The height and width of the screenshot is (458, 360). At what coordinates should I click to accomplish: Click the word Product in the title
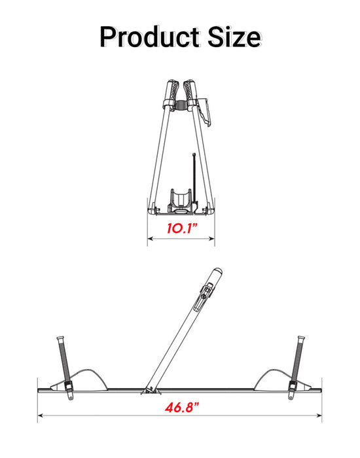(145, 37)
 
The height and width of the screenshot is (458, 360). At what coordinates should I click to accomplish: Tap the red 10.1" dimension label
(181, 229)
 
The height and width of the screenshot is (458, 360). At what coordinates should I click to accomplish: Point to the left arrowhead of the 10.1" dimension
(149, 239)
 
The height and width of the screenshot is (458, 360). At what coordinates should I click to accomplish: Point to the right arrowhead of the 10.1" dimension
(213, 239)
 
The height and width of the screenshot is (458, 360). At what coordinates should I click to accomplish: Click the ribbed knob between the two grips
(181, 105)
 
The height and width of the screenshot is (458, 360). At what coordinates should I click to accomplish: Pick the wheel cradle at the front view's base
(180, 199)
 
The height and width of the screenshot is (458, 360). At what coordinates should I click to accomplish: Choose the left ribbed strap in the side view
(62, 359)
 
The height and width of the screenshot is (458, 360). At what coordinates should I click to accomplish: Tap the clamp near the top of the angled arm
(206, 291)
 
